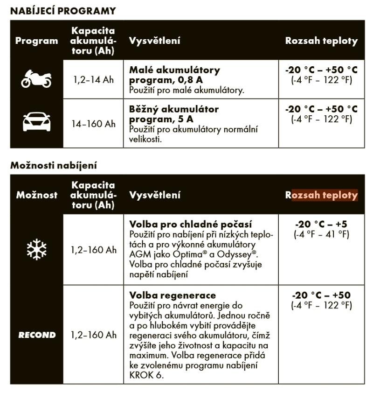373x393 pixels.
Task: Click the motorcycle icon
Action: pos(36,79)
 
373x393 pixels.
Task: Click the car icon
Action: pos(36,122)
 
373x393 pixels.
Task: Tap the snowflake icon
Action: pos(36,250)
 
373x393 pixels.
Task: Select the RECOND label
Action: pos(36,335)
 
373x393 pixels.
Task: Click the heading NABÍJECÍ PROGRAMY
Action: pos(63,11)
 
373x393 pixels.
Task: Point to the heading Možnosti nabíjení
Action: pos(54,165)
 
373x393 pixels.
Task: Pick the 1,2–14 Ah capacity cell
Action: pos(93,79)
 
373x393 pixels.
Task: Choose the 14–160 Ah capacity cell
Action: pos(93,124)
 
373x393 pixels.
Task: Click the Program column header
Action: pos(36,41)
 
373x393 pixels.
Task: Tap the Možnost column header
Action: pos(36,195)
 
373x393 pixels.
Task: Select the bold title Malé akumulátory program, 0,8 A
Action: pos(174,75)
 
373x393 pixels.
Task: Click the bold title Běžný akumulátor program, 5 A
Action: pos(173,114)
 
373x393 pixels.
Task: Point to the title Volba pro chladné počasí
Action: pos(191,224)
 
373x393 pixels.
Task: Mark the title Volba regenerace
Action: pos(173,295)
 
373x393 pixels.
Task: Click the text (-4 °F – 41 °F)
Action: pos(321,234)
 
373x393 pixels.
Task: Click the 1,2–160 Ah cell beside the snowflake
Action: pos(93,250)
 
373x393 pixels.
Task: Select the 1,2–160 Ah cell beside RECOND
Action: pos(93,335)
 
